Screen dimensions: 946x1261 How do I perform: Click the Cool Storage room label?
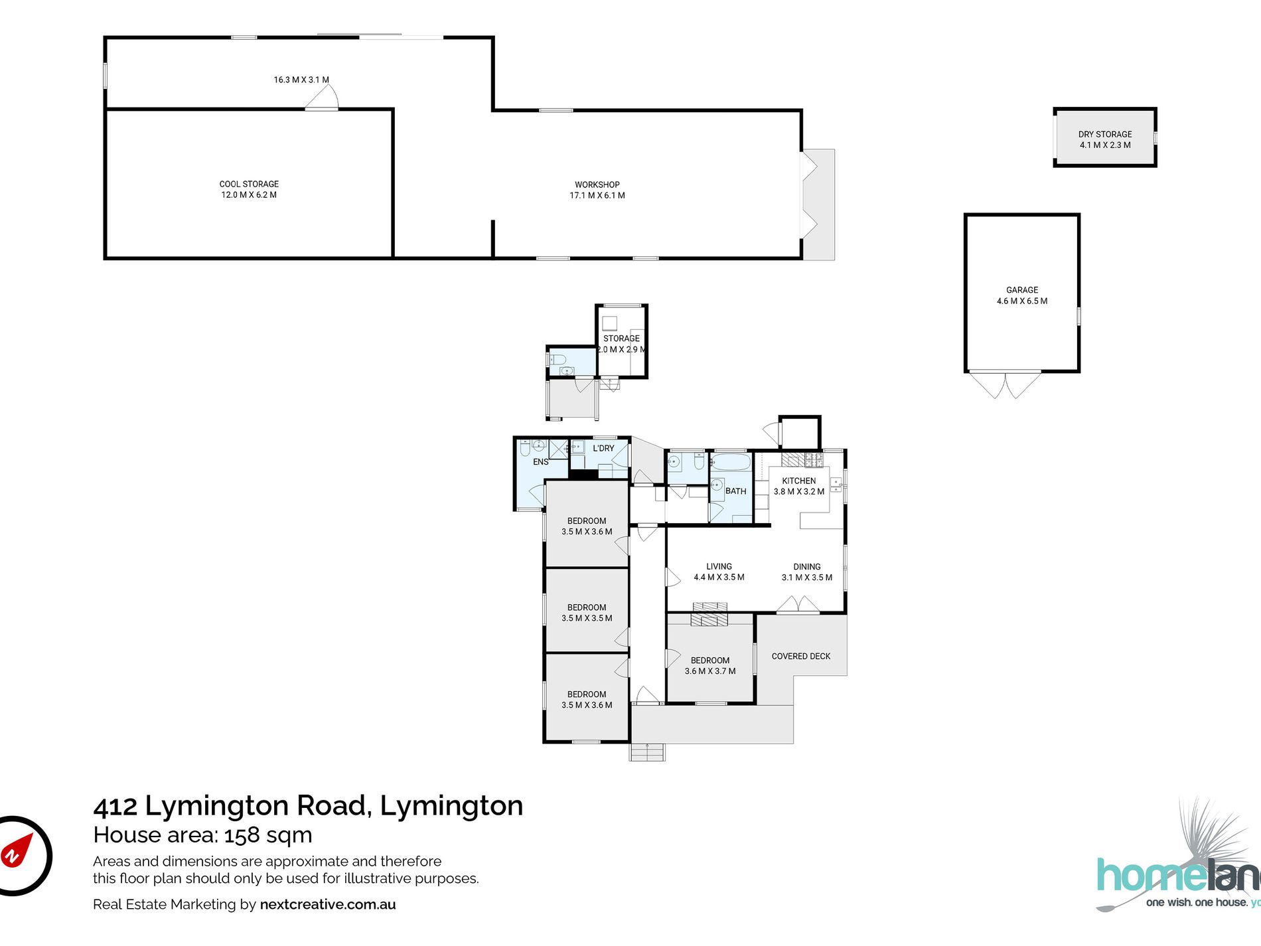[x=249, y=184]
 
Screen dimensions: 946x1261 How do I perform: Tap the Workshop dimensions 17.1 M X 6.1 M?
[x=597, y=195]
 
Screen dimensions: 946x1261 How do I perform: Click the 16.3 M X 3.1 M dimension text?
[x=301, y=80]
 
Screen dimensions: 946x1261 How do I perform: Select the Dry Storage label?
[x=1104, y=134]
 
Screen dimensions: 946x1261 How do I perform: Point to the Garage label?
[x=1021, y=290]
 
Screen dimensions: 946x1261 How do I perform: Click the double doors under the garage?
[x=1005, y=385]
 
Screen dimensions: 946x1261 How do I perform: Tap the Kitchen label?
[x=798, y=481]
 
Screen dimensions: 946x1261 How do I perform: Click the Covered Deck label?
[x=800, y=656]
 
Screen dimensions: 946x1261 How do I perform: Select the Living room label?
[x=719, y=566]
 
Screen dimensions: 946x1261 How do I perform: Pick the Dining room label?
[x=806, y=566]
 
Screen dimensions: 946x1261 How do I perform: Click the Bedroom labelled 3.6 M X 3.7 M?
[x=709, y=665]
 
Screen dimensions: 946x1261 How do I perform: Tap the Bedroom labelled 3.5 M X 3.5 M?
[x=587, y=612]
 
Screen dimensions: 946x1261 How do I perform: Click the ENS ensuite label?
[x=540, y=461]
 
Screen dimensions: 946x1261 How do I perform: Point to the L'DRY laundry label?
[x=603, y=448]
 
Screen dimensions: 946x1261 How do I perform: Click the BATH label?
[x=735, y=491]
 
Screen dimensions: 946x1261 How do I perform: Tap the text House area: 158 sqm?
[x=202, y=834]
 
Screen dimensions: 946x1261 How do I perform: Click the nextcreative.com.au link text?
[x=327, y=904]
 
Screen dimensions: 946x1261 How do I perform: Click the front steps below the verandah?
[x=647, y=752]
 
